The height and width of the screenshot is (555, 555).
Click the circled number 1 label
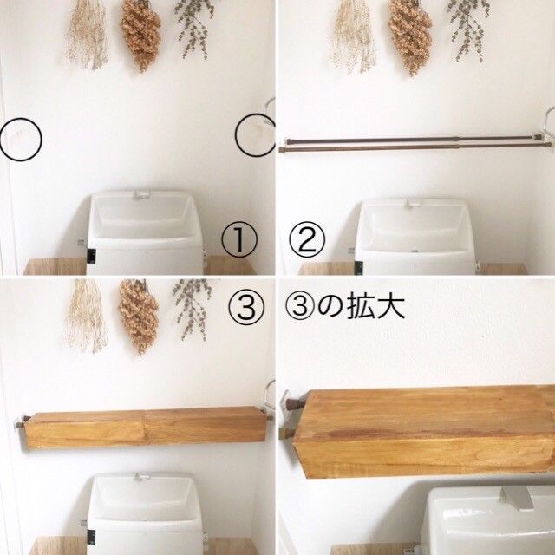pos(239,241)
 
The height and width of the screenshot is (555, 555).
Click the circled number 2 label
pos(307,240)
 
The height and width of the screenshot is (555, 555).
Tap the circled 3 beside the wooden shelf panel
pos(246,307)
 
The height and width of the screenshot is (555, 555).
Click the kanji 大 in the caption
pos(391,307)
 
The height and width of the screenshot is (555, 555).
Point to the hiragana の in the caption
pos(330,307)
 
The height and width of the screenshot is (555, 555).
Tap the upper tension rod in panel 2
pos(414,140)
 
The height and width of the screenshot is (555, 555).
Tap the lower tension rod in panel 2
pos(415,147)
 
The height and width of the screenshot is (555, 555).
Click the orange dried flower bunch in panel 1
pos(141,36)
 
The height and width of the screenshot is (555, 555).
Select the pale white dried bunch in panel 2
pos(353,36)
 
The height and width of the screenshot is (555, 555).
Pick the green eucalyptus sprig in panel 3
pos(193,309)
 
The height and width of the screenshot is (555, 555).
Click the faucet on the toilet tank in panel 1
pos(141,195)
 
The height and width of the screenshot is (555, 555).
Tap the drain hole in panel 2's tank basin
pos(415,251)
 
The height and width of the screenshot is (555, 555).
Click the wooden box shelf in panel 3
pos(145,428)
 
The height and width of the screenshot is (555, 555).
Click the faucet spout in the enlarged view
pos(517,498)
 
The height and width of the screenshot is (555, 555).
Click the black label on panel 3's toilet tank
pos(91,538)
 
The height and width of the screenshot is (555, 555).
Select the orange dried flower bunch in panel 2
pos(410,37)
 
